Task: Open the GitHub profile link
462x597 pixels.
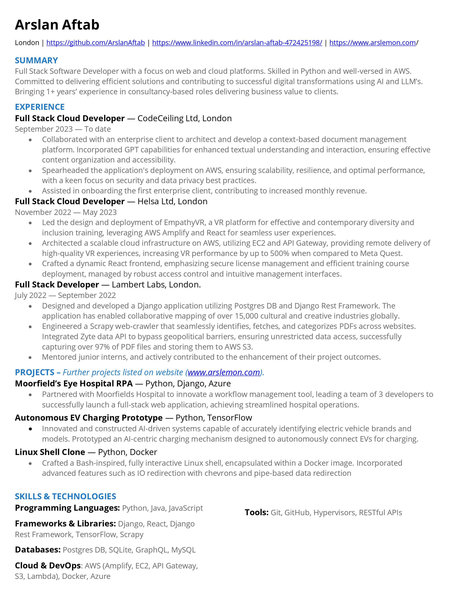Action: pos(95,43)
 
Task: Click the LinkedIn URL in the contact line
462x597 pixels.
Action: pos(237,43)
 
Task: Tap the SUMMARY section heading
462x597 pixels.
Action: pos(36,60)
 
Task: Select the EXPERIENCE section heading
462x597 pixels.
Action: pos(40,107)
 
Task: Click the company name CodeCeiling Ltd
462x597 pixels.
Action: pos(168,118)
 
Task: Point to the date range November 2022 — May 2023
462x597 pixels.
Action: pos(66,212)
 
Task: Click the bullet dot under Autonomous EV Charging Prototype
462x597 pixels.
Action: pos(30,429)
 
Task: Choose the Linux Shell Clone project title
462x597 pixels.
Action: pos(50,452)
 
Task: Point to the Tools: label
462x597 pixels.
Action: pos(256,513)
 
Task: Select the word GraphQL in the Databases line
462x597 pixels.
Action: pos(151,550)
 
